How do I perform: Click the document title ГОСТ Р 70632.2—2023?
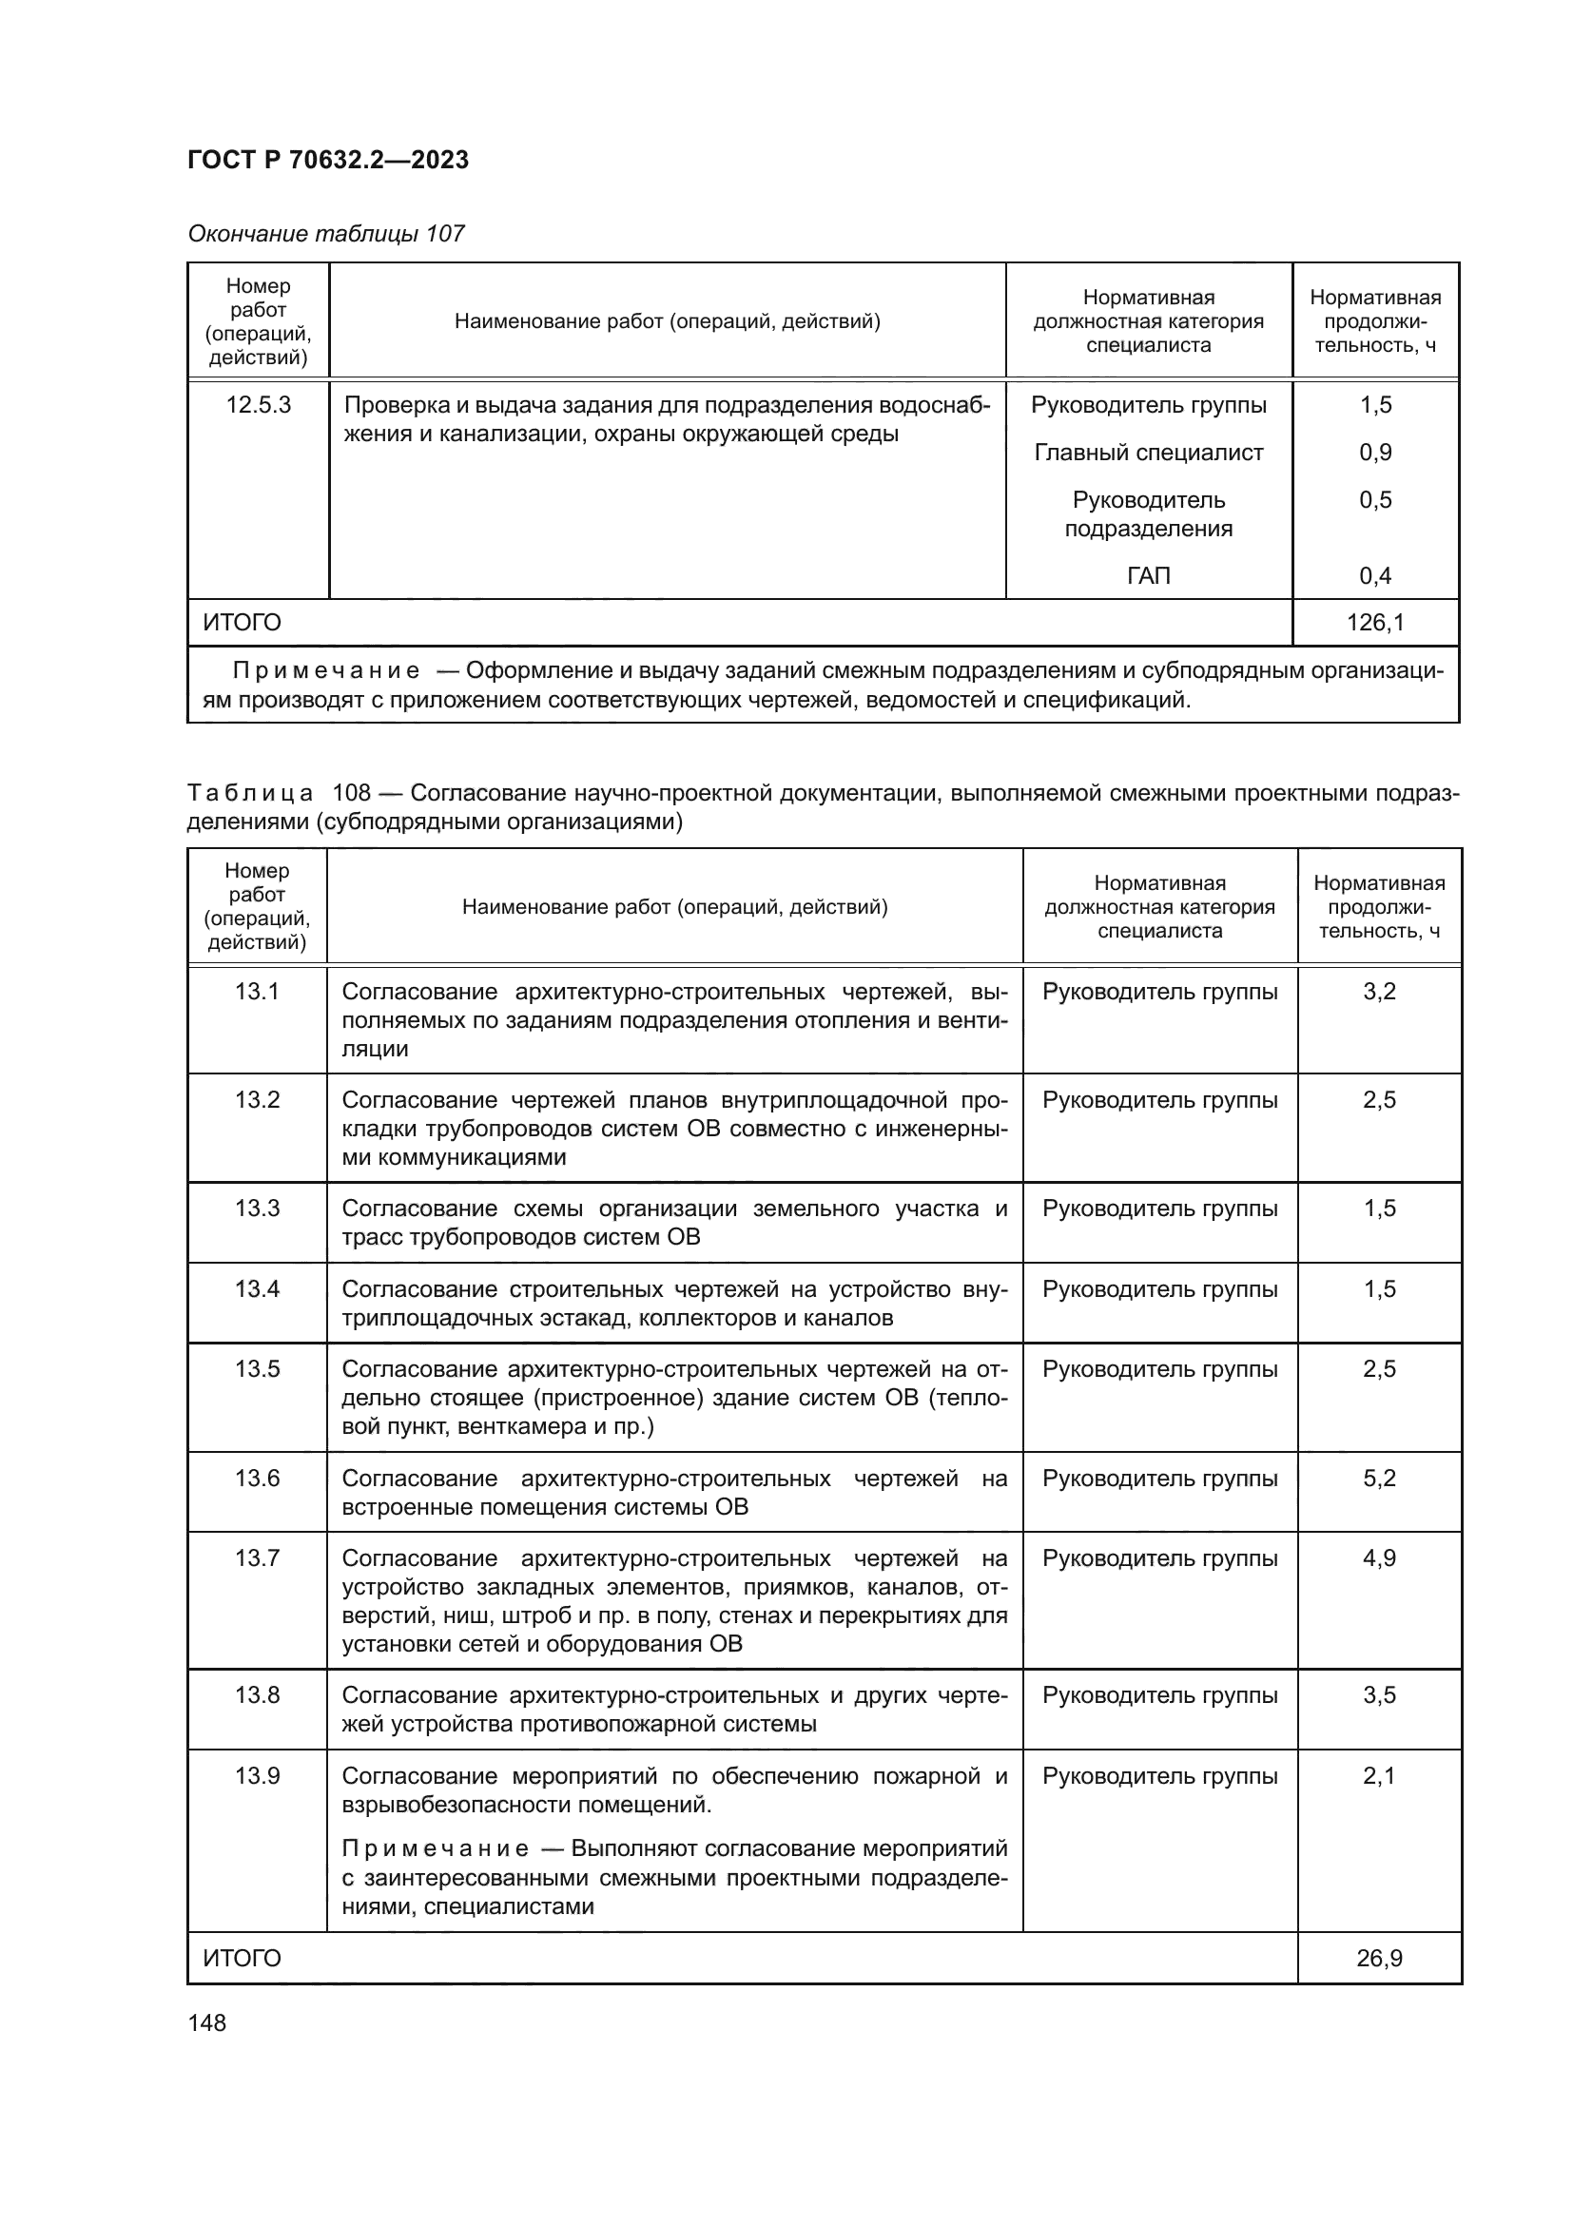click(x=327, y=160)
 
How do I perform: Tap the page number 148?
click(x=206, y=2022)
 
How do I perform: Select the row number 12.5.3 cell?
click(x=259, y=405)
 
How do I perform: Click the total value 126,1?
click(x=1374, y=623)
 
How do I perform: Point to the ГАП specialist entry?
click(x=1148, y=576)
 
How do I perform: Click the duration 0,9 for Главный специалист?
click(x=1374, y=453)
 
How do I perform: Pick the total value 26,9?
click(x=1378, y=1959)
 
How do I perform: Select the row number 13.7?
click(x=257, y=1558)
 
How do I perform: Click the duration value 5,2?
click(x=1378, y=1479)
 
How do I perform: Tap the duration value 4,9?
click(x=1378, y=1558)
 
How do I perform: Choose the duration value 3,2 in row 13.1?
click(x=1378, y=991)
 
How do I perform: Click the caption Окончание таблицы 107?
click(x=325, y=234)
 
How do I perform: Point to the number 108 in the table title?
click(x=352, y=793)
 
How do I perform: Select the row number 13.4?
click(x=257, y=1289)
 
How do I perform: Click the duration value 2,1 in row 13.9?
click(x=1378, y=1776)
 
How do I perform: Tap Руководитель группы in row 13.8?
click(x=1159, y=1695)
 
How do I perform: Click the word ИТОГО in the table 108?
click(x=243, y=1959)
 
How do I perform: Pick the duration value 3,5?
click(x=1378, y=1695)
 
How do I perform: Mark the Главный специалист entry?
click(x=1148, y=453)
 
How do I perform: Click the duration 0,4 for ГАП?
click(x=1374, y=576)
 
